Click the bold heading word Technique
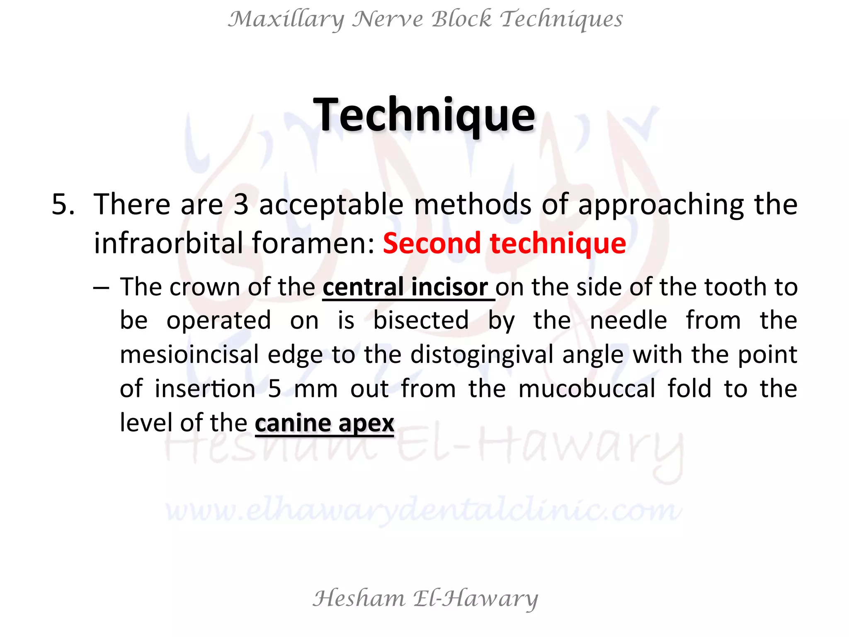tap(424, 115)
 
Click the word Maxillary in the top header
tap(286, 19)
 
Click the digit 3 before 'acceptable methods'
tap(241, 204)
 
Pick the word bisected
tap(421, 321)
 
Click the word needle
tap(628, 321)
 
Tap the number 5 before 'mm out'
tap(274, 389)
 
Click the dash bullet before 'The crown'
tap(101, 287)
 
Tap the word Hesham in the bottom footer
tap(359, 599)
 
